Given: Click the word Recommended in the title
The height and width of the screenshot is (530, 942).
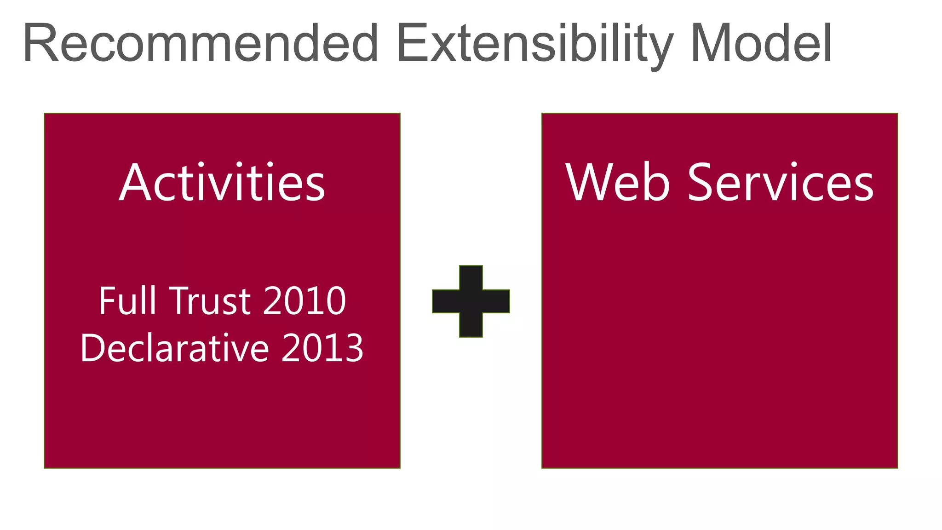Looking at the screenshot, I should (201, 44).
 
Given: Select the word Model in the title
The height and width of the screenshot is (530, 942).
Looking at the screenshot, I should (761, 44).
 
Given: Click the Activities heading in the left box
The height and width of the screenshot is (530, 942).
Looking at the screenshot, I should (222, 183).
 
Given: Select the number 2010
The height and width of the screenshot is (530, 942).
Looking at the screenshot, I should (304, 301).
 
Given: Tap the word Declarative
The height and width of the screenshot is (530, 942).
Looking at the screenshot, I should (174, 348).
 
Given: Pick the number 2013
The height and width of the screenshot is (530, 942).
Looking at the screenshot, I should (322, 348).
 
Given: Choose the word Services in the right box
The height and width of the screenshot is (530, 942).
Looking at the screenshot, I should (780, 183).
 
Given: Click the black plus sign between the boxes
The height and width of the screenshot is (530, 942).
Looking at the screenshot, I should (471, 301).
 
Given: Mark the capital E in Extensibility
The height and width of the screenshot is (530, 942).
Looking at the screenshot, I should (411, 44).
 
